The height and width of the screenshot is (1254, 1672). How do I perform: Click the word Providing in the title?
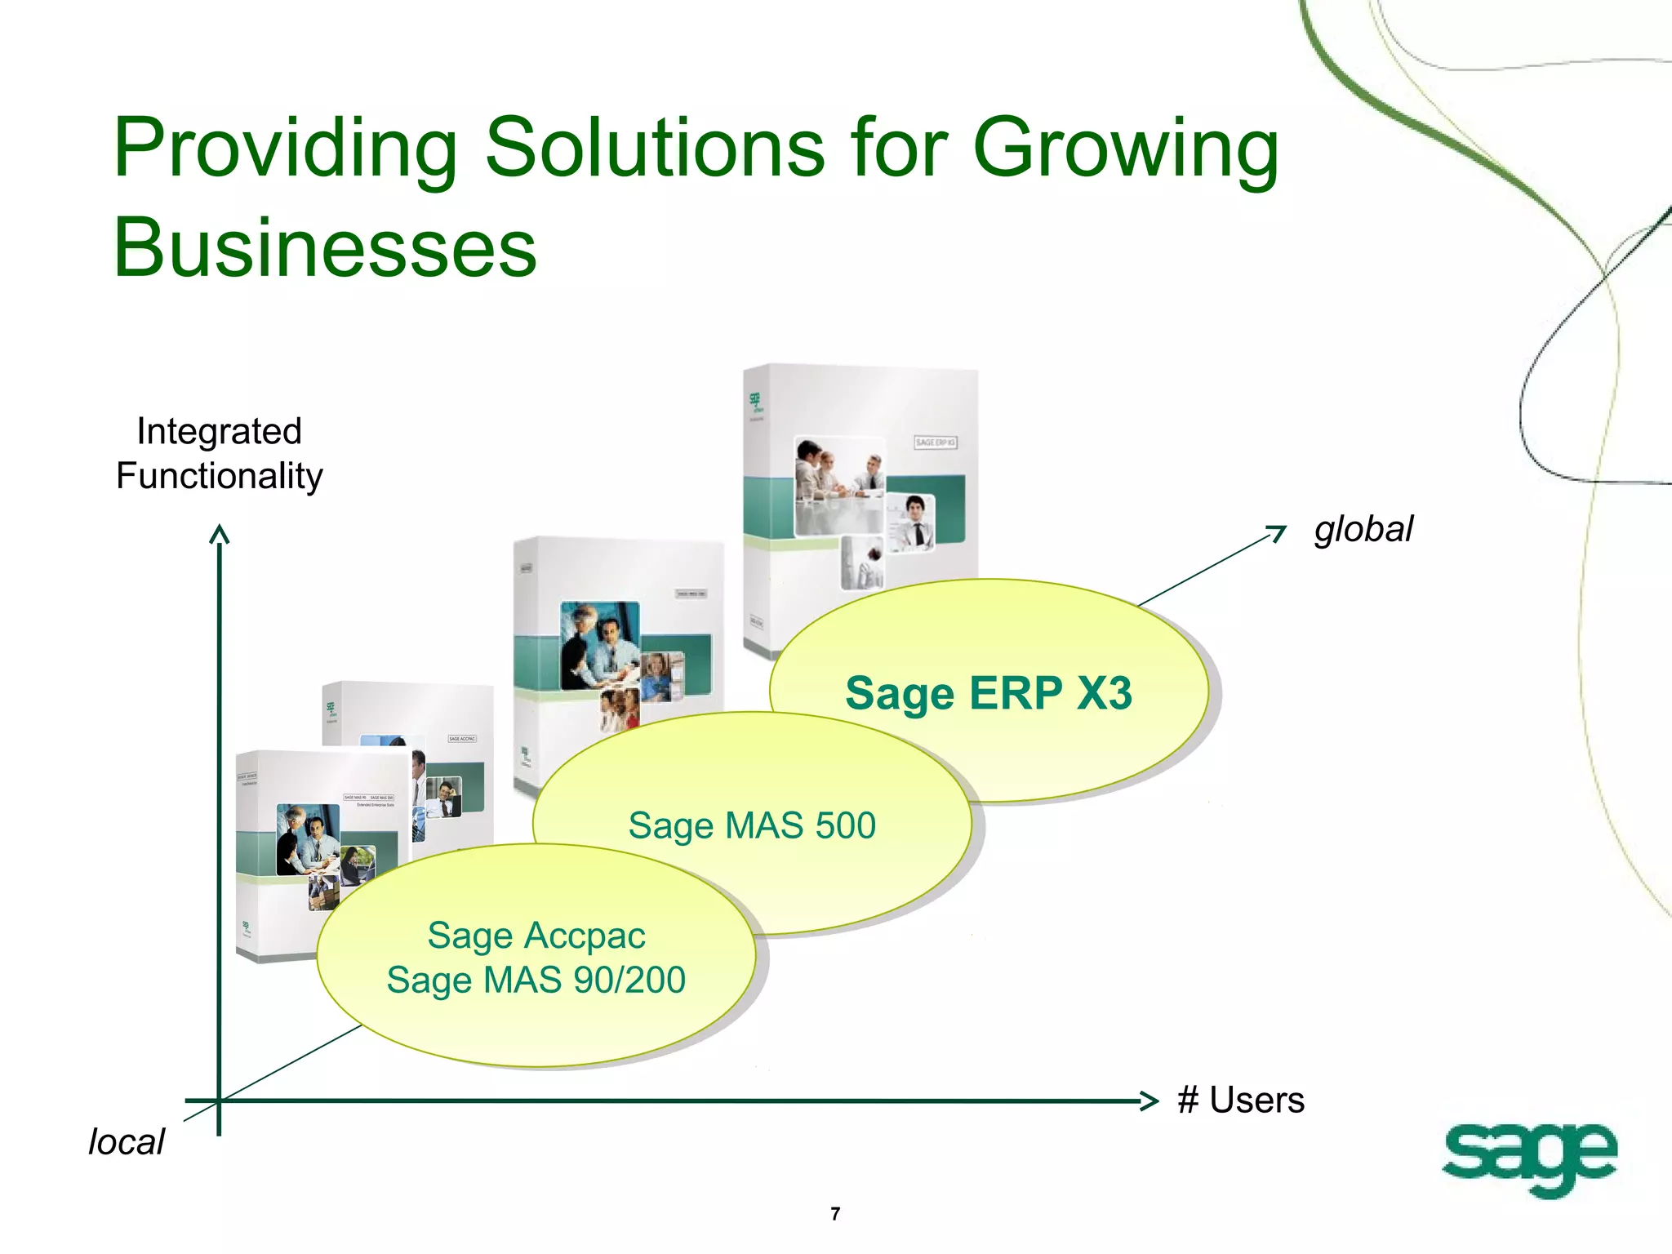(x=284, y=149)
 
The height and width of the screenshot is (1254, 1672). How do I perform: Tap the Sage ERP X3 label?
(x=988, y=694)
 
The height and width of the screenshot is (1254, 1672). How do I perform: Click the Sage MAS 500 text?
(x=752, y=825)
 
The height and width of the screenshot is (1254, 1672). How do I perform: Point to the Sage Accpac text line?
(x=536, y=936)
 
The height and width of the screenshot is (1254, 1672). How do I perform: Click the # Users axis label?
(x=1240, y=1101)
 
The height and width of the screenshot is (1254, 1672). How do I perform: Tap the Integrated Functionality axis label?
(x=219, y=454)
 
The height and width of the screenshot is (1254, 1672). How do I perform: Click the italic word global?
(x=1363, y=529)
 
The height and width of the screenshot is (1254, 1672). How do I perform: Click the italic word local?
(x=127, y=1142)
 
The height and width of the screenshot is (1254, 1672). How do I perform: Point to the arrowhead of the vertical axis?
(x=219, y=534)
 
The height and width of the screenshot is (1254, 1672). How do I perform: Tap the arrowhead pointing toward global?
(x=1278, y=533)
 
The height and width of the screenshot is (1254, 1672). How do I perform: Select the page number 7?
(x=835, y=1214)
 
